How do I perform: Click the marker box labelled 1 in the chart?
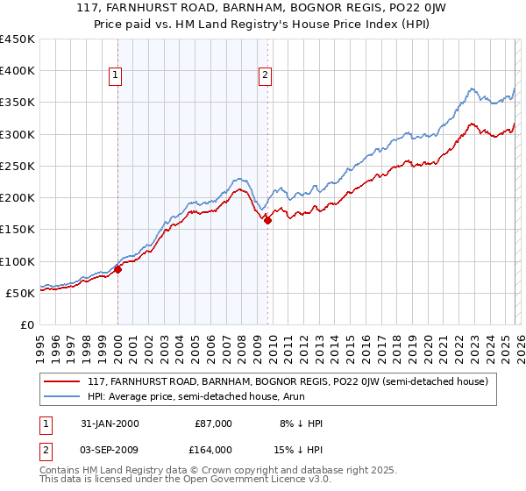point(116,76)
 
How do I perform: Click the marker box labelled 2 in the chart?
point(265,76)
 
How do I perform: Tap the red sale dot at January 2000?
point(117,270)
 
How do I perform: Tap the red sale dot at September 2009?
point(267,221)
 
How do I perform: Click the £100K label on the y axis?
point(18,261)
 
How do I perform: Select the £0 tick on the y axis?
point(28,324)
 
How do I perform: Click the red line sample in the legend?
point(61,382)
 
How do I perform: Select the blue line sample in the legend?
point(61,397)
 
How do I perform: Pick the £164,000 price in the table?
point(214,449)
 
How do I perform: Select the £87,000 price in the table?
point(214,423)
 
